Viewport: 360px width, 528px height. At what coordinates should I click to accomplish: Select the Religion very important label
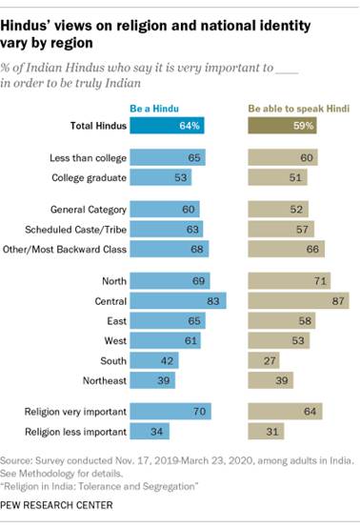(74, 412)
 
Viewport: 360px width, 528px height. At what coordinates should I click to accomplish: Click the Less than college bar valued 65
(167, 155)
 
